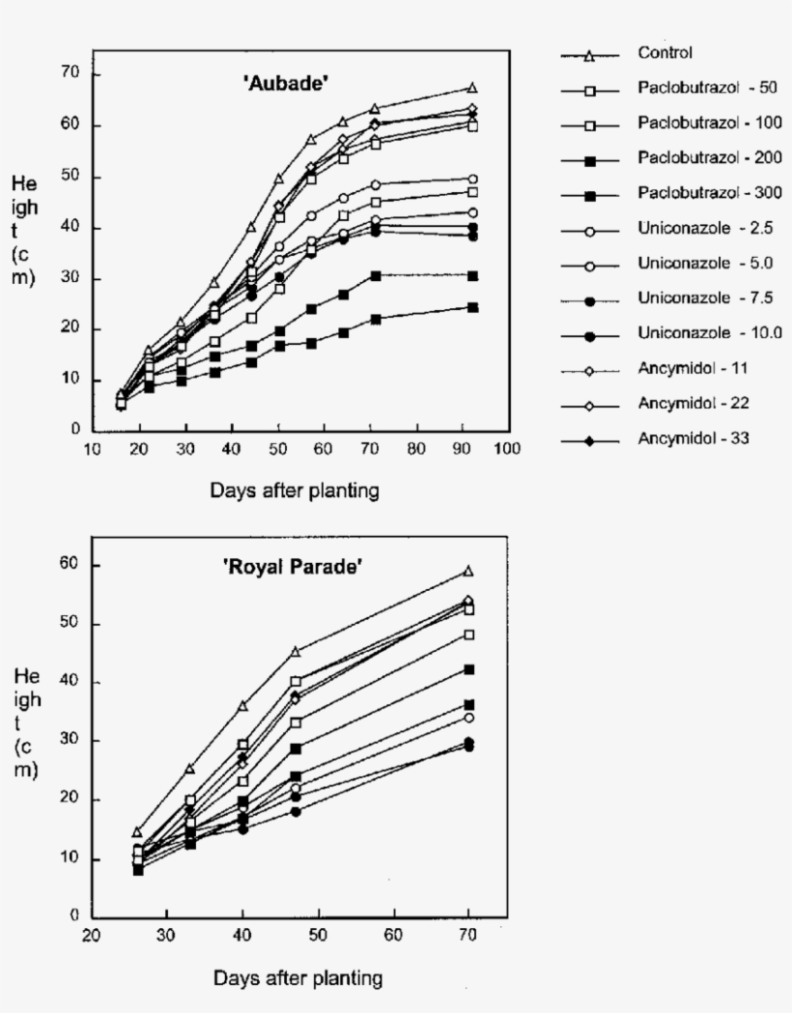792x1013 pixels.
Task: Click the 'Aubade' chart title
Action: click(x=286, y=85)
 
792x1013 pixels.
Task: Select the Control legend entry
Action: click(x=665, y=52)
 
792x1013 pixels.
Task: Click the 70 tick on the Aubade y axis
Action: click(x=69, y=74)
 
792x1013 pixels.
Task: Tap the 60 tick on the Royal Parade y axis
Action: click(x=69, y=566)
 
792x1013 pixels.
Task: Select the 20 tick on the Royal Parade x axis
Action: click(x=92, y=935)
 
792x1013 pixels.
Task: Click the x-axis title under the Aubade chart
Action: click(x=295, y=491)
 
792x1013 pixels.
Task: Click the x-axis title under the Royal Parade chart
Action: click(x=297, y=978)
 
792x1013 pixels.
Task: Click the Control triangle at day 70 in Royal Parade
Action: click(x=468, y=571)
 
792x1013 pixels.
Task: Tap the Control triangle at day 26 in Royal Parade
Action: click(x=137, y=831)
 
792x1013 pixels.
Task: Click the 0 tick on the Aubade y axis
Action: click(x=73, y=431)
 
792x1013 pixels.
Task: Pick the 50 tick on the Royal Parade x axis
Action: click(x=318, y=935)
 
